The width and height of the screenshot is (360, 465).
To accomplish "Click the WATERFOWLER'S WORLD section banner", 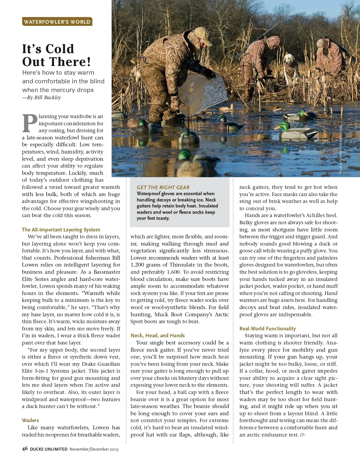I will (x=57, y=22).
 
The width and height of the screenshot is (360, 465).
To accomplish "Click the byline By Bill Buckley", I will (x=42, y=97).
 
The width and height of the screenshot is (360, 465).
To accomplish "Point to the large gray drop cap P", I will (x=30, y=123).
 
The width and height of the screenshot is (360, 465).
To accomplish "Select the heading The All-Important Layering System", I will (x=61, y=230).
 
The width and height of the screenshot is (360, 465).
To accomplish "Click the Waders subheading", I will (x=30, y=420).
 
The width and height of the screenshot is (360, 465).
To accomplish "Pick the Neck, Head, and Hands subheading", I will (x=157, y=335).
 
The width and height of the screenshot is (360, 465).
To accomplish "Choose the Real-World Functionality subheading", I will (x=267, y=329).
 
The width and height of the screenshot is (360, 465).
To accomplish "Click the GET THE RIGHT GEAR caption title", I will (x=163, y=187).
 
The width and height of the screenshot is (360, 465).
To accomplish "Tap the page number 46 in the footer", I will (x=25, y=449).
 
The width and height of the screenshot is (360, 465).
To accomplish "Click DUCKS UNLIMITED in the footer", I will (x=49, y=449).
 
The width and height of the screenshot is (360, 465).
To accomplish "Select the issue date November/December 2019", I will (x=94, y=449).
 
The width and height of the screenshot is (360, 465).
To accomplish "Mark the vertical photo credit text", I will (x=340, y=150).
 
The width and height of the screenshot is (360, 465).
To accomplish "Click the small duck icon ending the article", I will (x=303, y=435).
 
